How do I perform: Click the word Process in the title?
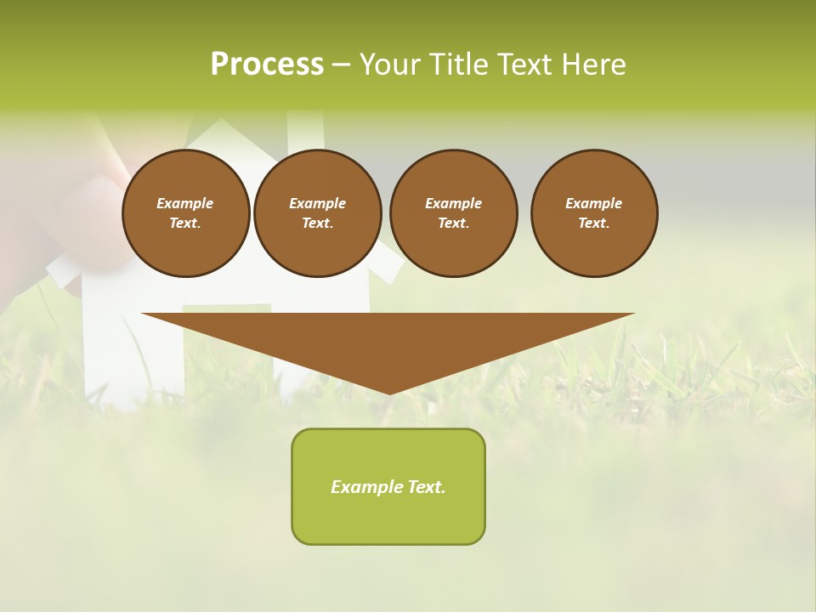267,65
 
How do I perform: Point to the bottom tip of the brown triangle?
388,393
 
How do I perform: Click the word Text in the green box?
426,487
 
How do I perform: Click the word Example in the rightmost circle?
593,203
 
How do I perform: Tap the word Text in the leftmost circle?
185,224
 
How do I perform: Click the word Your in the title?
391,65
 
